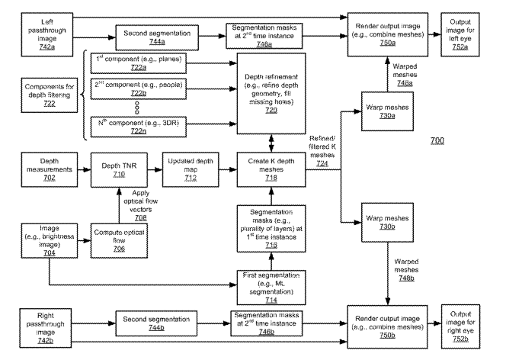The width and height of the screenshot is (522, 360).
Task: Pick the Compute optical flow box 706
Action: (x=118, y=243)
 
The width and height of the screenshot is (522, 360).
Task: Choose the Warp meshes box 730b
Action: (x=387, y=222)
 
